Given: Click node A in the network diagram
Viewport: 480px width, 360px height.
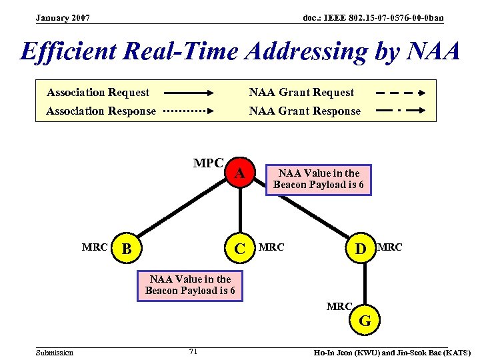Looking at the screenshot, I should [x=241, y=174].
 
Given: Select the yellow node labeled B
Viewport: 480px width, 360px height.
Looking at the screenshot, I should [x=127, y=249].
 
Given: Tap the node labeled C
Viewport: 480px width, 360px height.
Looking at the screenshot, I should [x=240, y=249].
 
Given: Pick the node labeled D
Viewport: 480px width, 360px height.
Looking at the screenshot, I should [x=361, y=249].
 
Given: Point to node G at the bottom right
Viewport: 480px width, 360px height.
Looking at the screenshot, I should [x=365, y=321].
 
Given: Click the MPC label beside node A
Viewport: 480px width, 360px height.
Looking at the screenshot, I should [x=208, y=163].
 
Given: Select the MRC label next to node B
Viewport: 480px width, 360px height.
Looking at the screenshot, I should [x=95, y=247].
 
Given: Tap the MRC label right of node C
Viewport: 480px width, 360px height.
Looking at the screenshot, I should [x=271, y=247].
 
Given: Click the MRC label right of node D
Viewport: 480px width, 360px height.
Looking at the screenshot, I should [x=390, y=247].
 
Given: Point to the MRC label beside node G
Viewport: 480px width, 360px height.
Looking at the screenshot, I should [x=339, y=307].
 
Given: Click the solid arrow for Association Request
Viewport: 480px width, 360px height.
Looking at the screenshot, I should [x=187, y=93].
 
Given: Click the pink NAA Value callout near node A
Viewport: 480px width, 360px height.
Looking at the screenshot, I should [x=319, y=179].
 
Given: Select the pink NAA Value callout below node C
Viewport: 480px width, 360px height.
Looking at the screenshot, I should [x=190, y=285].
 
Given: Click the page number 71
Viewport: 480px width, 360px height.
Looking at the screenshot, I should [x=193, y=351].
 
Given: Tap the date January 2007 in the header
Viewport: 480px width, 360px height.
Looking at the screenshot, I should [x=63, y=17].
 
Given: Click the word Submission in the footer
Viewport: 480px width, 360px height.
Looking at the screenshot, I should [x=55, y=352].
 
